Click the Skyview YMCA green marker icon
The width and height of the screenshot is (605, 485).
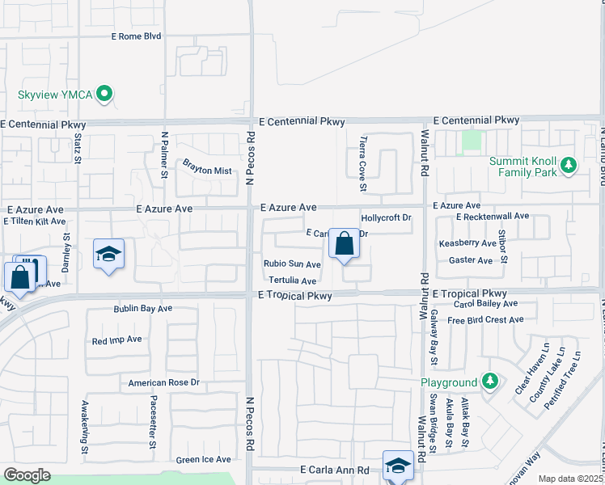click(x=104, y=95)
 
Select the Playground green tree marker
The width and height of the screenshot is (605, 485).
click(x=489, y=381)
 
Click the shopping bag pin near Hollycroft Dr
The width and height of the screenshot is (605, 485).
click(x=344, y=243)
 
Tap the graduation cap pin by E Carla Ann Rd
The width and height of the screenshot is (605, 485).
click(x=397, y=466)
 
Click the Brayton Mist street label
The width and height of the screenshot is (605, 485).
click(x=207, y=171)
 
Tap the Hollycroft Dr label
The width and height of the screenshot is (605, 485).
click(x=387, y=218)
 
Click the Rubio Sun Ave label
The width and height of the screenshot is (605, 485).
click(x=292, y=264)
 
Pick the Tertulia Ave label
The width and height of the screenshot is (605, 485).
click(x=292, y=280)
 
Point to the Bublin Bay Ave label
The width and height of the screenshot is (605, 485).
click(x=143, y=309)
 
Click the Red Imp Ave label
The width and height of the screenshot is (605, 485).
click(x=117, y=340)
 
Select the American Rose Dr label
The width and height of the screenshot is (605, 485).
click(x=163, y=382)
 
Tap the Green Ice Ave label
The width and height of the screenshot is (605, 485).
click(x=204, y=460)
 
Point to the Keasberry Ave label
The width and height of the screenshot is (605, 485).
click(x=467, y=243)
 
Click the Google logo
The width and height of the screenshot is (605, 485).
click(x=27, y=475)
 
